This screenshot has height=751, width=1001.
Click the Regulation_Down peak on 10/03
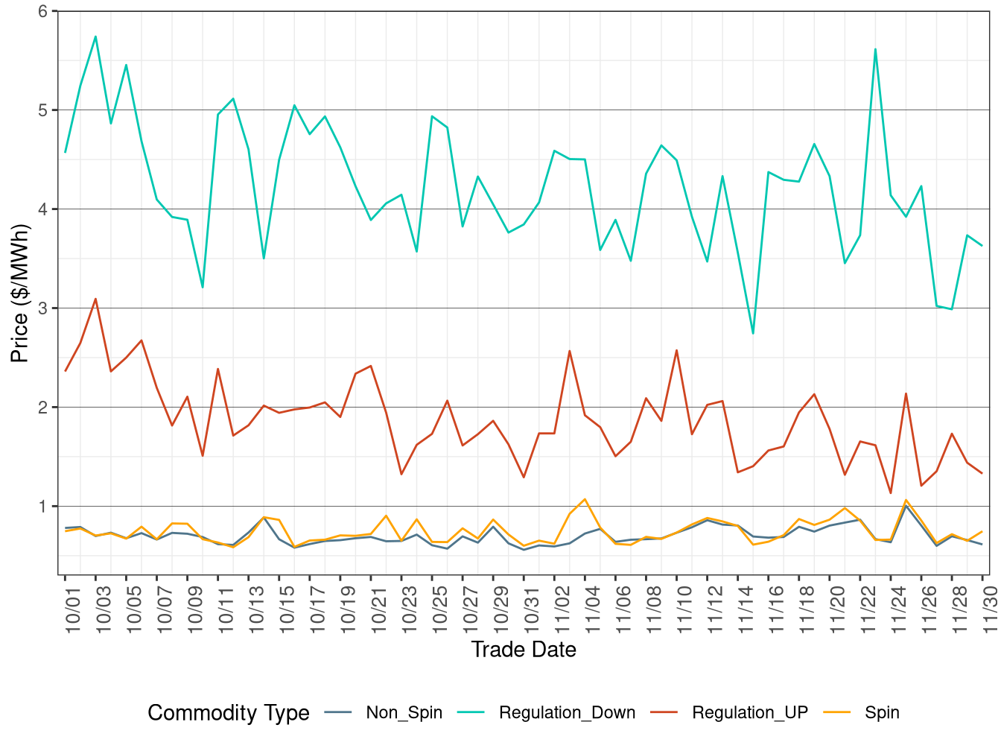[x=95, y=37]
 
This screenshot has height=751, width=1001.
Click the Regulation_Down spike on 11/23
[x=875, y=49]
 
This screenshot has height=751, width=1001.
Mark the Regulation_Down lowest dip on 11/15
[x=753, y=333]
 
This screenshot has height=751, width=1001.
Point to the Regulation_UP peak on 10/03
[x=95, y=299]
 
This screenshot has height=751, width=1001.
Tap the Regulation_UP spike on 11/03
[x=570, y=351]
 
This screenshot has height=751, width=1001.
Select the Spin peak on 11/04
[x=585, y=499]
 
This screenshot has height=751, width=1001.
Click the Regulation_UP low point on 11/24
[x=891, y=493]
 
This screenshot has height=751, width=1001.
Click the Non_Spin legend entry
[x=404, y=713]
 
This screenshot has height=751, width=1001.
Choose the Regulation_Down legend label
[x=567, y=713]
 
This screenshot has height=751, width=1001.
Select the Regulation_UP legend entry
[x=749, y=713]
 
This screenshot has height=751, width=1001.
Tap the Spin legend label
[x=882, y=713]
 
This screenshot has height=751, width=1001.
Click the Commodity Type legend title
[x=229, y=713]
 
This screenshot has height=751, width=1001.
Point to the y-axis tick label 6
[x=43, y=11]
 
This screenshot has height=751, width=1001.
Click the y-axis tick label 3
[x=43, y=308]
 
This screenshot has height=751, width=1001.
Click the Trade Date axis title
[x=524, y=650]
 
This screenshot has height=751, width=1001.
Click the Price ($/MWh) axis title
[x=19, y=293]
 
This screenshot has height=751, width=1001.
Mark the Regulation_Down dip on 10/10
[x=203, y=287]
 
